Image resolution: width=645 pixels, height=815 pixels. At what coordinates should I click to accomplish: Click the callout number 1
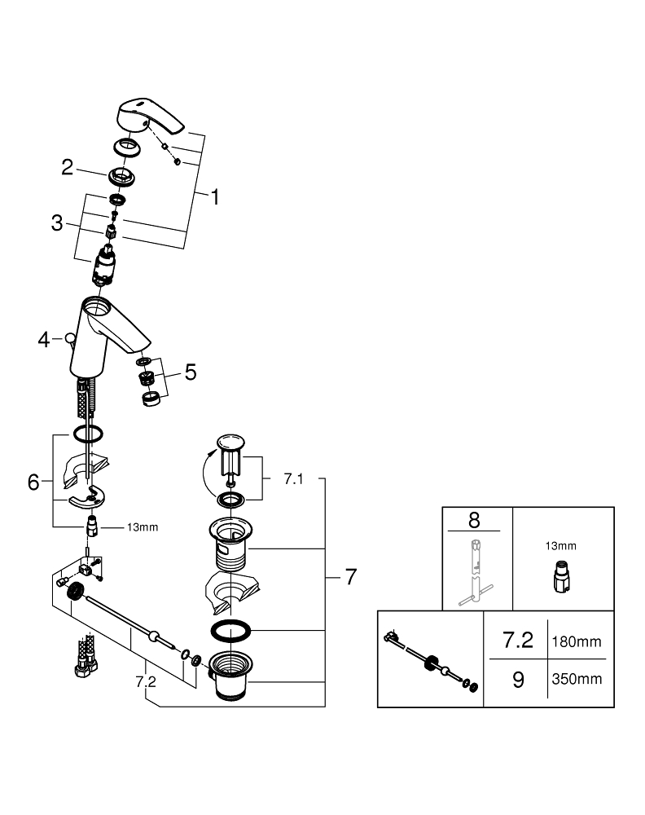point(216,196)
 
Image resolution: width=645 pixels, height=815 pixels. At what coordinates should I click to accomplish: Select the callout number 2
point(68,168)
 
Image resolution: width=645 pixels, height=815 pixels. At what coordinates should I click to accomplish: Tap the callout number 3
point(57,223)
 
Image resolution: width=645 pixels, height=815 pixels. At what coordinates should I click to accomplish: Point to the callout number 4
point(44,338)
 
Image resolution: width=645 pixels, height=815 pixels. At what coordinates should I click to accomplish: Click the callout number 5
point(190,372)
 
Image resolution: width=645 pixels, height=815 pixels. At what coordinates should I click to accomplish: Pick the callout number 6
point(33,482)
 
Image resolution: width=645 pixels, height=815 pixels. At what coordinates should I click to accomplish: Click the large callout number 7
point(350,578)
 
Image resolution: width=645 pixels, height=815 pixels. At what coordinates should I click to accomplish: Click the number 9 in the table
point(518,679)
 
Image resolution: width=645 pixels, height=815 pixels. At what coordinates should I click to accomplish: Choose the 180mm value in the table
point(577,642)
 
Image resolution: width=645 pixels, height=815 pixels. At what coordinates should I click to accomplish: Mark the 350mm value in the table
point(577,679)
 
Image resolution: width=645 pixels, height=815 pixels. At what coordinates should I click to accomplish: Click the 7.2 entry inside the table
point(518,641)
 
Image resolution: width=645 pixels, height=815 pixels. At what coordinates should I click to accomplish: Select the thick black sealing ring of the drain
point(231,631)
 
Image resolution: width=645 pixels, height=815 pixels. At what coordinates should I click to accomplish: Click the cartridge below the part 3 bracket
point(106,267)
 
